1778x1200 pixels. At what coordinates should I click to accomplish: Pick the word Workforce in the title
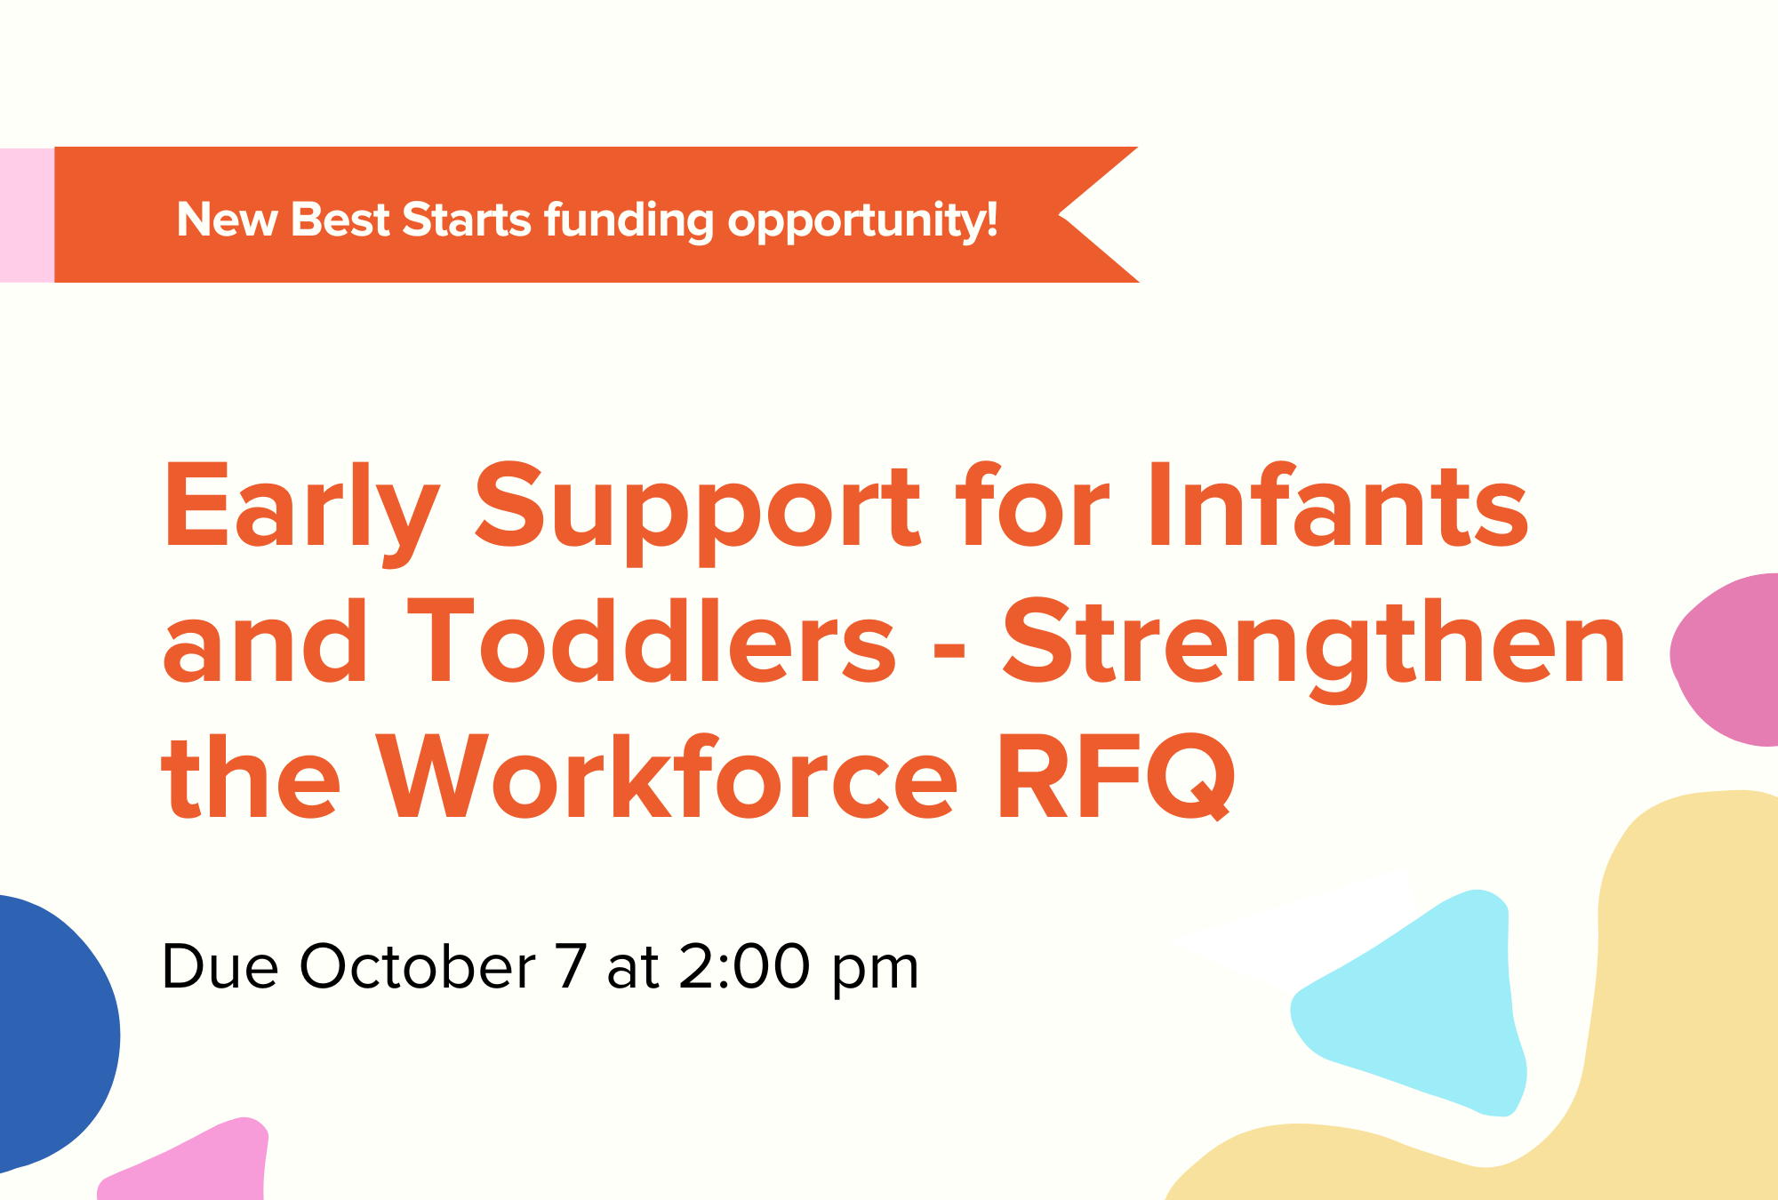tap(666, 777)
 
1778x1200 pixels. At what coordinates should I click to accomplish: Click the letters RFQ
tap(1117, 777)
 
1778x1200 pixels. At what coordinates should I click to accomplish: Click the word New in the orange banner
tap(227, 220)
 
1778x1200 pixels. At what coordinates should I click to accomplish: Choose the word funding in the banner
tap(629, 220)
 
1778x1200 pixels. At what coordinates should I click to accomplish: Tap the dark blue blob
tap(49, 1031)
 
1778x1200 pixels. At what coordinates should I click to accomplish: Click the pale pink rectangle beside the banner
tap(27, 215)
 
